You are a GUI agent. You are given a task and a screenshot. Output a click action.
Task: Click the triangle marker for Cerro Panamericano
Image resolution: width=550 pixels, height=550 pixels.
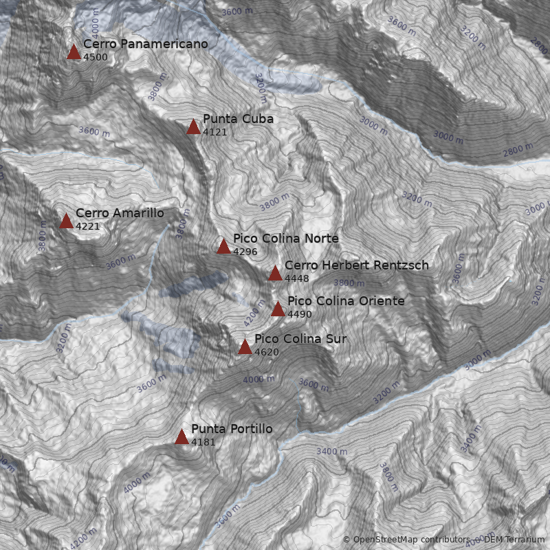click(74, 52)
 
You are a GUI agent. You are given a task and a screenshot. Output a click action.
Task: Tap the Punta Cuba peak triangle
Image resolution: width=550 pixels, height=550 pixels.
click(193, 127)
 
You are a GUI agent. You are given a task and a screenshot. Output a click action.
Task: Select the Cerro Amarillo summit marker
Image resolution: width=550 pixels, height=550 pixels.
click(66, 221)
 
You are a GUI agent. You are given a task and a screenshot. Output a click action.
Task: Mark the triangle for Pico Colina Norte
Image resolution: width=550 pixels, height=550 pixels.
click(223, 247)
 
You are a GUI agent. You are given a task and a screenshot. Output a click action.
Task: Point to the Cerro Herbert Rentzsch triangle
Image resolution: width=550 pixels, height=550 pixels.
click(275, 274)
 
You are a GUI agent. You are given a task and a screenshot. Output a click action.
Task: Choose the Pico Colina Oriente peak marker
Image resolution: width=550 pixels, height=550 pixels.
click(278, 309)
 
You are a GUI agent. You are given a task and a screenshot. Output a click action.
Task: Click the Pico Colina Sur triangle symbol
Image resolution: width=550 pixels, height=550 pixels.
click(245, 347)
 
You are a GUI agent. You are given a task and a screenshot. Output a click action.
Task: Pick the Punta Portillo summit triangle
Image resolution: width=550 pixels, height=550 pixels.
click(181, 437)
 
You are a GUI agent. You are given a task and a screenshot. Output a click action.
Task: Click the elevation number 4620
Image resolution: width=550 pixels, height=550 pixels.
click(267, 352)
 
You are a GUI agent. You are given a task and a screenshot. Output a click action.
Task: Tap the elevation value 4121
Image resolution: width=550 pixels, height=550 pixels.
click(215, 132)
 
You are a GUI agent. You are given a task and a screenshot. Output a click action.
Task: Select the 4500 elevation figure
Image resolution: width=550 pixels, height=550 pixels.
click(96, 57)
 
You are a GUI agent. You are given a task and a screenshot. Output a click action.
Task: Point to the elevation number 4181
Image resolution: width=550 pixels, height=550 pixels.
click(203, 442)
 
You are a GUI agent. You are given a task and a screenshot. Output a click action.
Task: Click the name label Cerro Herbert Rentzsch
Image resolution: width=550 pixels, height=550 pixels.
click(356, 265)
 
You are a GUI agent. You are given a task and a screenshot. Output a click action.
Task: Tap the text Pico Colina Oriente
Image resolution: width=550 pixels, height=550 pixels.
click(346, 301)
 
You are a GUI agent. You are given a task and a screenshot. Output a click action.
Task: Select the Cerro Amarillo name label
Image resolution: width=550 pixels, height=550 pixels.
click(120, 213)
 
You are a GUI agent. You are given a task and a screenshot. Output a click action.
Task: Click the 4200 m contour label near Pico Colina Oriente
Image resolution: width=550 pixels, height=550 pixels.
click(254, 313)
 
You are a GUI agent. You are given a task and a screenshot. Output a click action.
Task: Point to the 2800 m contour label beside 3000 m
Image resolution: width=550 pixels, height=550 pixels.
click(518, 149)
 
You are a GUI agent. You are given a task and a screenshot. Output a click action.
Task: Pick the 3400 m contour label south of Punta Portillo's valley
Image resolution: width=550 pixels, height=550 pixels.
click(331, 452)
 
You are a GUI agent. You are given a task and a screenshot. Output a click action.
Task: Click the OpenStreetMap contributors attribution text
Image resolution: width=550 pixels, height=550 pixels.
click(411, 540)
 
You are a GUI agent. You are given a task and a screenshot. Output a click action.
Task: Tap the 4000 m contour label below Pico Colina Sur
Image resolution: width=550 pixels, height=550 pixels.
click(259, 379)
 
